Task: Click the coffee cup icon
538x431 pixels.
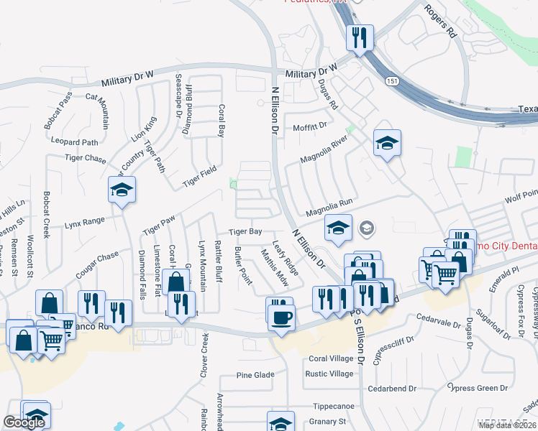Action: pos(281,316)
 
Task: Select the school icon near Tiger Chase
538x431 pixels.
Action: pos(122,190)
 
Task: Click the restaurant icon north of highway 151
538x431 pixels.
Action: pos(359,37)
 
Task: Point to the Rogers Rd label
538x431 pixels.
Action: pos(440,24)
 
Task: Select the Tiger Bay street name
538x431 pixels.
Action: pos(245,232)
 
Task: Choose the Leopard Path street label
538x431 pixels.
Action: pos(70,142)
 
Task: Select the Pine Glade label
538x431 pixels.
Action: pos(255,375)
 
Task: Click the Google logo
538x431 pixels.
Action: pos(24,422)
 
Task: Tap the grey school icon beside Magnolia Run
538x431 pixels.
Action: pos(367,228)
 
